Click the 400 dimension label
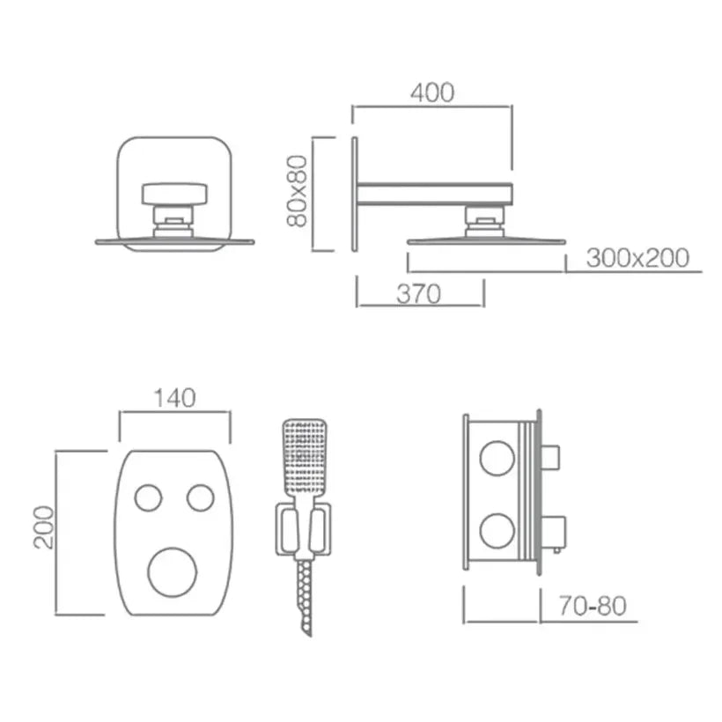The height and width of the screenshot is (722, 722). click(x=432, y=92)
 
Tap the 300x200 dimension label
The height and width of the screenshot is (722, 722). click(x=637, y=258)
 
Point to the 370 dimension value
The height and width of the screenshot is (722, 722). click(x=418, y=294)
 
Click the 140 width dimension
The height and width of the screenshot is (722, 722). click(x=173, y=399)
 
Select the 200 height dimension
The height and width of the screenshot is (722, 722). click(x=44, y=527)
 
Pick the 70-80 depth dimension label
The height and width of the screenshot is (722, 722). click(x=592, y=606)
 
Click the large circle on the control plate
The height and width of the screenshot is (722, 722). click(x=173, y=571)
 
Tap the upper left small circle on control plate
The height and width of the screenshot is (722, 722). click(x=148, y=497)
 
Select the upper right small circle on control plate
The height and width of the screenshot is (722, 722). click(x=200, y=497)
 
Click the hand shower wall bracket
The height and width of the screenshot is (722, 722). click(x=304, y=531)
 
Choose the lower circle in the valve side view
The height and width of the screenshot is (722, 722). click(x=497, y=531)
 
